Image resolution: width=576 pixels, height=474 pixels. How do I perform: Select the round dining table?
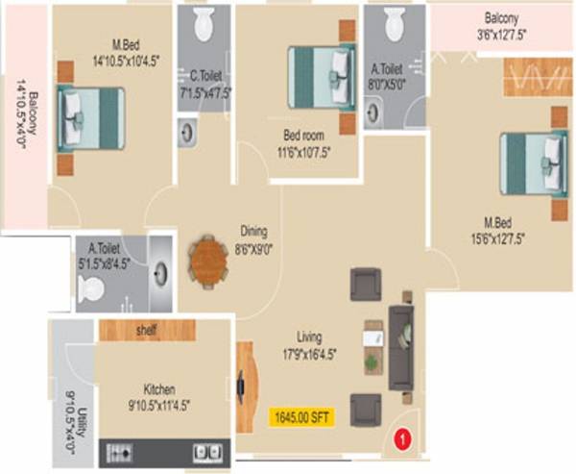point(208,262)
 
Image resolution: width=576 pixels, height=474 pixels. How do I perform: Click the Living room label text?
point(309,343)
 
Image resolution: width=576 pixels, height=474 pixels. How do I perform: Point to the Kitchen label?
point(159,396)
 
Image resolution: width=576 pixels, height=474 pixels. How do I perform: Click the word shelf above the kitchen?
point(146,331)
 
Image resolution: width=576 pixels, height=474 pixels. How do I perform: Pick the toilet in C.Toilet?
point(204,25)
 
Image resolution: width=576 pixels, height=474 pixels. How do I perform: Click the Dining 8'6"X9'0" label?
point(253,238)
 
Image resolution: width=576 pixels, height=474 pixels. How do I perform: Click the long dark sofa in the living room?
point(401,348)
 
